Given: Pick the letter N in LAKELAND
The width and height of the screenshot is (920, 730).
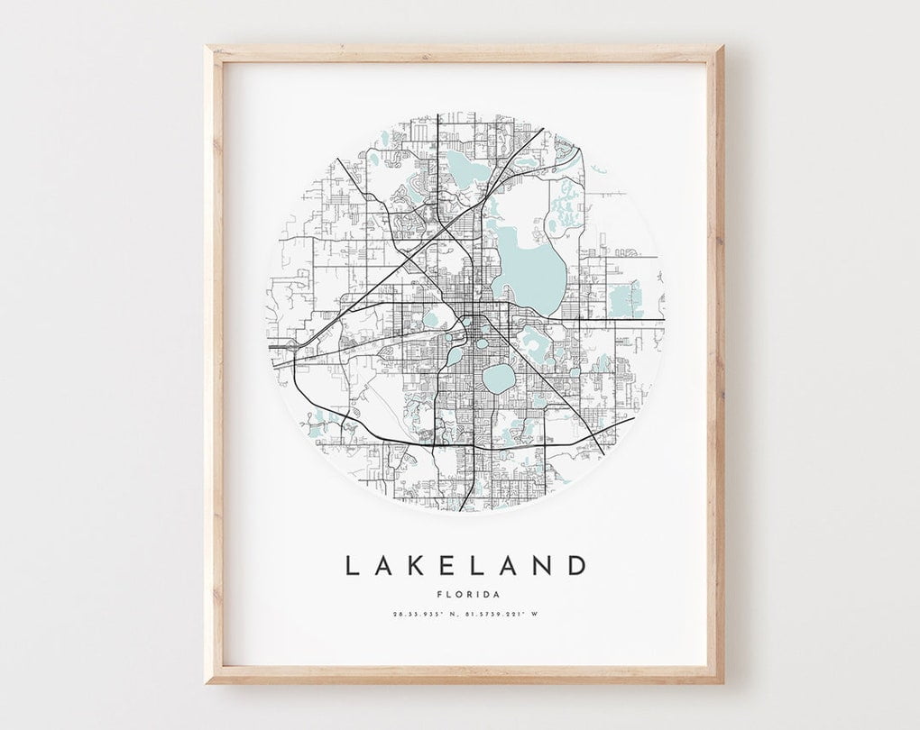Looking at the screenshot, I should click(542, 566).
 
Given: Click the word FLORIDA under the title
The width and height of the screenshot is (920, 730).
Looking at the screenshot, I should click(465, 594).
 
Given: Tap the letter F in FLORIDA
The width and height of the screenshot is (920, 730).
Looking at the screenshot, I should click(437, 594).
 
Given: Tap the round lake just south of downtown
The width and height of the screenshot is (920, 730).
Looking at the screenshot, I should click(498, 379).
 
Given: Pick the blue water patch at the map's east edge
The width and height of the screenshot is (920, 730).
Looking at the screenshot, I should click(625, 300).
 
